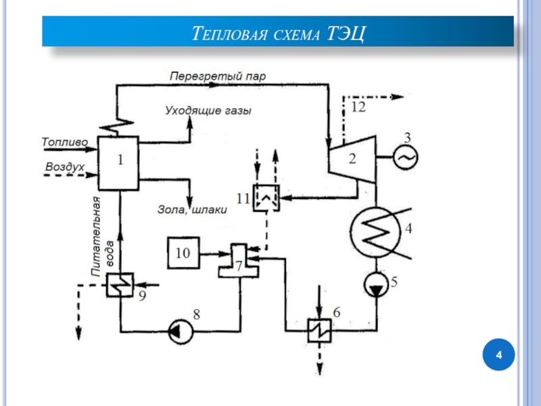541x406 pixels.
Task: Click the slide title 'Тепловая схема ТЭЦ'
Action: pyautogui.click(x=278, y=32)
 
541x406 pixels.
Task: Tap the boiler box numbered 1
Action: pyautogui.click(x=119, y=162)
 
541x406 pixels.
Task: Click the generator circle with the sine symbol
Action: pyautogui.click(x=406, y=158)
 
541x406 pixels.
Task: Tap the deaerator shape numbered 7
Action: pyautogui.click(x=237, y=261)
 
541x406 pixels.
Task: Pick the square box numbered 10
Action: pyautogui.click(x=184, y=254)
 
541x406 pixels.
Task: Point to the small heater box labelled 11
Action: pyautogui.click(x=266, y=198)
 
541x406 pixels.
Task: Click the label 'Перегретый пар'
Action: pyautogui.click(x=217, y=76)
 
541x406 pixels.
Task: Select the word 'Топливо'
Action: pyautogui.click(x=64, y=143)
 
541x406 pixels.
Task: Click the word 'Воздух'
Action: pyautogui.click(x=64, y=166)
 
